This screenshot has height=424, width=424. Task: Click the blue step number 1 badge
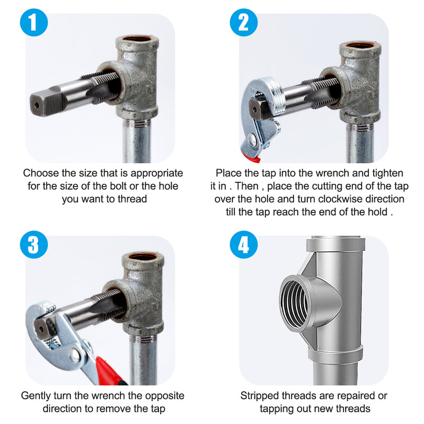click(34, 22)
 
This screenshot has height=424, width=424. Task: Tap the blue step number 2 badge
click(244, 22)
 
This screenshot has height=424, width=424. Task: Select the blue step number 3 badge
click(34, 245)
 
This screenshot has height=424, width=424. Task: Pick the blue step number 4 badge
click(244, 245)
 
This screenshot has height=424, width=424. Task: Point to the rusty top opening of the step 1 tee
click(138, 39)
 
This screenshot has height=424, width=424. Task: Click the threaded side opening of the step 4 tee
click(294, 305)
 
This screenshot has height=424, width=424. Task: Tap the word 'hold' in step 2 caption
click(377, 212)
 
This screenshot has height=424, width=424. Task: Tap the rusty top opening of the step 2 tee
click(360, 45)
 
